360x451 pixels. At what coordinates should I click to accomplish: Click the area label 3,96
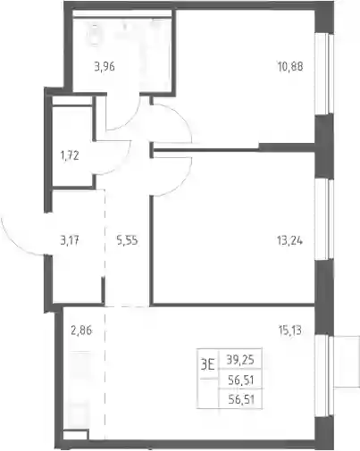click(x=105, y=67)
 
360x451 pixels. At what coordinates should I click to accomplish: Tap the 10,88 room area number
click(x=290, y=66)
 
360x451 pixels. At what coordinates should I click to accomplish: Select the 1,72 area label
click(x=70, y=155)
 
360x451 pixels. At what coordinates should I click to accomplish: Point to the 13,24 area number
click(x=289, y=240)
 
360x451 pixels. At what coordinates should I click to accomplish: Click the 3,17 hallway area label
click(x=70, y=240)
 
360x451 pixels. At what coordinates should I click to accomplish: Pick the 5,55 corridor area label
click(x=127, y=240)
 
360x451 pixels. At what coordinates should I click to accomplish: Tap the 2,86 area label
click(x=81, y=330)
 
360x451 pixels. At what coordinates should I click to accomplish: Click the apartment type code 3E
click(x=207, y=364)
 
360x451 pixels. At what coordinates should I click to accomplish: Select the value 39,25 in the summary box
click(x=240, y=360)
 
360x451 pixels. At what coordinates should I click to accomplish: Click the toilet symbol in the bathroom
click(x=95, y=34)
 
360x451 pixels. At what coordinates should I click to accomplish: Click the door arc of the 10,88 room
click(x=180, y=117)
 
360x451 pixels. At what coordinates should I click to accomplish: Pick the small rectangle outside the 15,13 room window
click(x=347, y=362)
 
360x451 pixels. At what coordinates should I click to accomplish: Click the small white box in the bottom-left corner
click(x=76, y=435)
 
